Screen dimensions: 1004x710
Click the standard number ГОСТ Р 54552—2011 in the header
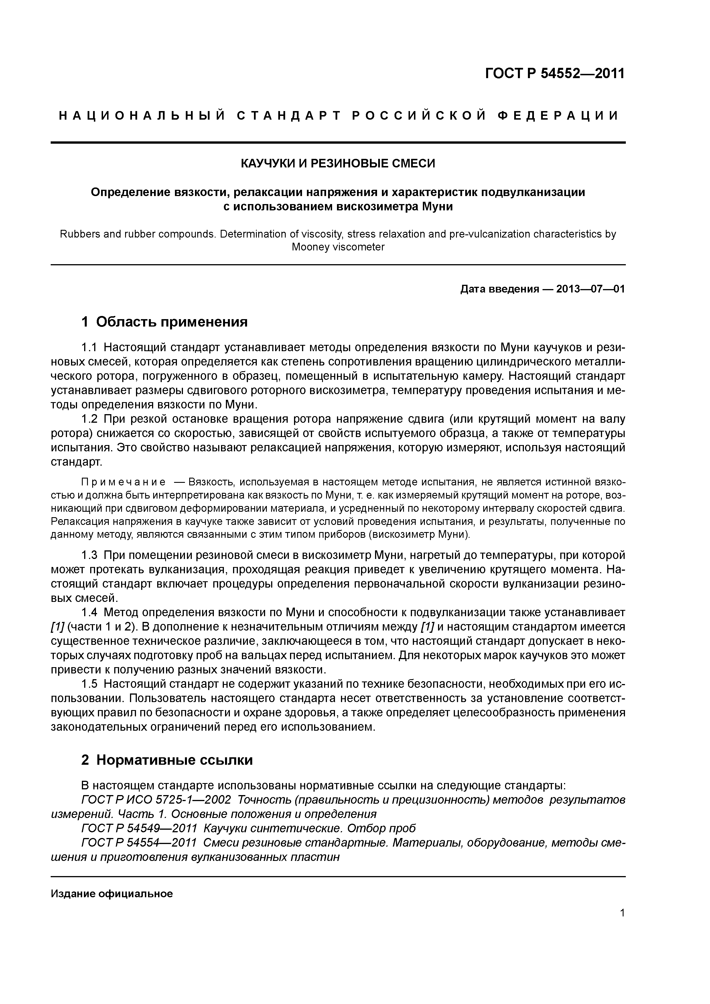(555, 74)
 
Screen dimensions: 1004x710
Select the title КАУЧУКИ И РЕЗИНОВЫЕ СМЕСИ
(338, 164)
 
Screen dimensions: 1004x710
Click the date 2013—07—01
(590, 289)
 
